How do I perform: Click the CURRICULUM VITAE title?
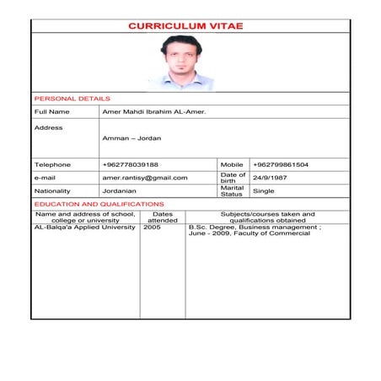tap(185, 27)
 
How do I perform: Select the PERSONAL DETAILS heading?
tap(67, 99)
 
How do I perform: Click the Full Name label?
tap(51, 111)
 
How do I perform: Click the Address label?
tap(48, 127)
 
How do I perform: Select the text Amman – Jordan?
tap(131, 139)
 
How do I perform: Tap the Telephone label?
tap(52, 164)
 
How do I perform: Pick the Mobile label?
tap(231, 164)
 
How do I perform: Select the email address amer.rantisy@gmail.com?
tap(145, 178)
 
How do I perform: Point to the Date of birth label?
tap(233, 178)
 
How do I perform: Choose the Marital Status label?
tap(232, 191)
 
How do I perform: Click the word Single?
tap(264, 191)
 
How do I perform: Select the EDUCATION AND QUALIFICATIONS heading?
tap(99, 204)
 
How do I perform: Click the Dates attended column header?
tap(163, 217)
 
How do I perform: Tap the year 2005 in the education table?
tap(152, 228)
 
